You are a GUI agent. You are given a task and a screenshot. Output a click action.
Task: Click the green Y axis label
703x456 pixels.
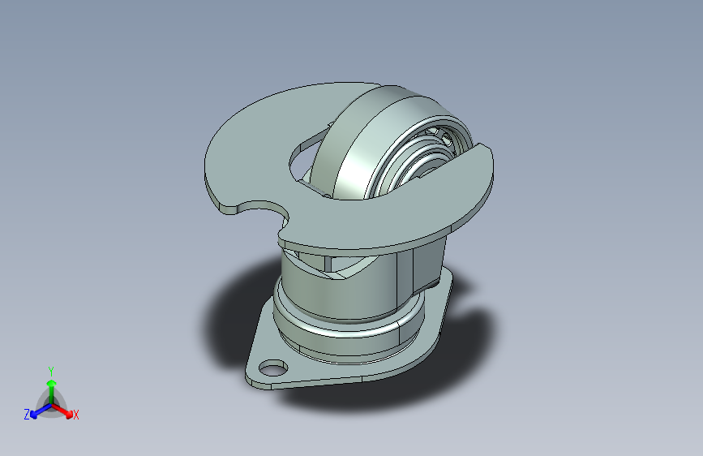[x=50, y=369]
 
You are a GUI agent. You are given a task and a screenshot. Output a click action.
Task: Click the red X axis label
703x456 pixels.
[x=75, y=415]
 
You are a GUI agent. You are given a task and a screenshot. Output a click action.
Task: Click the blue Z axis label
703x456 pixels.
[x=27, y=415]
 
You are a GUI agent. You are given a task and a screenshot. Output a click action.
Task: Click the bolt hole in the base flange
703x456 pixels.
[x=270, y=370]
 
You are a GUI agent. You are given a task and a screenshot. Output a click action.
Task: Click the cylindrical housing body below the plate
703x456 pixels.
[x=324, y=292]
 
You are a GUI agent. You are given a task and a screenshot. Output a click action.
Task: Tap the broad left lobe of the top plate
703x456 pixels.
[x=243, y=154]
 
